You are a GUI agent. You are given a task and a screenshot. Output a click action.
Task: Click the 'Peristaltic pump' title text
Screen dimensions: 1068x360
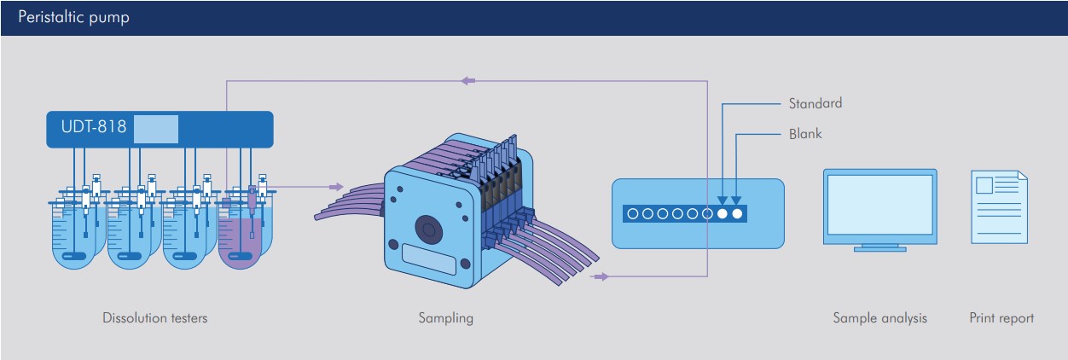pos(74,17)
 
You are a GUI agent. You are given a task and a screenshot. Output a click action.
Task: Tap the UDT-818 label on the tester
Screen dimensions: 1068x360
pos(94,126)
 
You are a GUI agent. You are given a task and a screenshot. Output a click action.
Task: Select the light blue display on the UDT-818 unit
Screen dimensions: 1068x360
pos(156,129)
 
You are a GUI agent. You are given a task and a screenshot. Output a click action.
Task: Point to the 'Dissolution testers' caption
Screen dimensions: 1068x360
pos(155,318)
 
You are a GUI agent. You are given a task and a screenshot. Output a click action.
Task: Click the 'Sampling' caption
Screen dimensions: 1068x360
pos(446,318)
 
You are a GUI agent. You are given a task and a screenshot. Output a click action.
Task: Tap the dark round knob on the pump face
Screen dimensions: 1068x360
pos(428,229)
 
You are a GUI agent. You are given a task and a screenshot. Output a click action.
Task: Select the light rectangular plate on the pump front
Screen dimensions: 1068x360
pos(429,259)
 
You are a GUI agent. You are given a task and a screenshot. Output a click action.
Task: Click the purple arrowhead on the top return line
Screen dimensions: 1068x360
pos(467,81)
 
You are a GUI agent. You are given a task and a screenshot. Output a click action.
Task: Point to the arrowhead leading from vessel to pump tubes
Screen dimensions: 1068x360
pos(336,187)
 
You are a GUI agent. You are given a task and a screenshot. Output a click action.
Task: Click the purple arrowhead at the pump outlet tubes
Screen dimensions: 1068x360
pos(601,276)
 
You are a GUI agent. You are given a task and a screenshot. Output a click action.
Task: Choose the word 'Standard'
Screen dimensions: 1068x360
pos(816,103)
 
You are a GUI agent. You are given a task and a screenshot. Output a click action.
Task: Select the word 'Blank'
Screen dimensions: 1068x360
pos(805,134)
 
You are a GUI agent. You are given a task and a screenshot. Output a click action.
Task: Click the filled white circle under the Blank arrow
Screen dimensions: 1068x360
pos(737,213)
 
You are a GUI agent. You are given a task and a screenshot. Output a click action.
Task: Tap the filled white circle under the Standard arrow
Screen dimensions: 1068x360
pos(723,213)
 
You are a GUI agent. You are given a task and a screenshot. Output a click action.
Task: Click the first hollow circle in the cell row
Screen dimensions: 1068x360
pos(633,213)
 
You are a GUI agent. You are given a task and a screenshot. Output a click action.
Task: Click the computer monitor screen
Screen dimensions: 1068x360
pos(879,205)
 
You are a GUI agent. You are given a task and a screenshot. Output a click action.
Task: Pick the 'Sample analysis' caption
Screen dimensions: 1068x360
pos(879,318)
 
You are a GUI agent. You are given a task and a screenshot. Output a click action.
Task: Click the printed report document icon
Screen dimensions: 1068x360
pos(1000,207)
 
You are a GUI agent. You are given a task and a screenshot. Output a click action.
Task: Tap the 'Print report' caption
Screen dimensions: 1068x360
pos(1001,318)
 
